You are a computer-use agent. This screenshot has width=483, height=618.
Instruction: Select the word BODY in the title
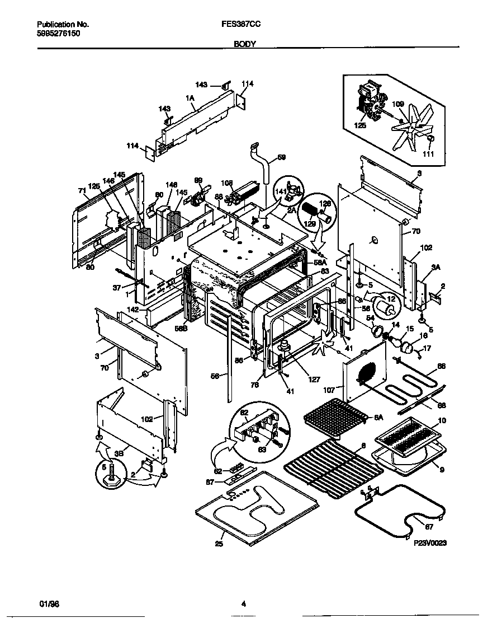(x=242, y=43)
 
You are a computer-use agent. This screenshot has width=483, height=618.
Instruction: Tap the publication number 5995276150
(x=58, y=34)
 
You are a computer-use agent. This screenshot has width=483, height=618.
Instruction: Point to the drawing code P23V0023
(x=431, y=542)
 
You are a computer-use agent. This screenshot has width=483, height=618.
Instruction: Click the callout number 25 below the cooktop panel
(x=219, y=544)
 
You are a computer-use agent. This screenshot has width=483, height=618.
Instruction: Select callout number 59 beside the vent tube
(x=281, y=157)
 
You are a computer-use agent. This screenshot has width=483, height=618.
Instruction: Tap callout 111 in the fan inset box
(x=428, y=153)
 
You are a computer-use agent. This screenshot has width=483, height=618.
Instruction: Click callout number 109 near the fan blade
(x=397, y=104)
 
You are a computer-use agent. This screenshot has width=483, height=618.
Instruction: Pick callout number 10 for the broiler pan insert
(x=442, y=420)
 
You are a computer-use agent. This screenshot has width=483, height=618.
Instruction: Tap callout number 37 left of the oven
(x=117, y=287)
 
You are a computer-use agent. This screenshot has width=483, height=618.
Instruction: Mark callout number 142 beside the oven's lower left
(x=133, y=309)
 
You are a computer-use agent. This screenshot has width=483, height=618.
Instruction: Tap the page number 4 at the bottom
(x=243, y=603)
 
